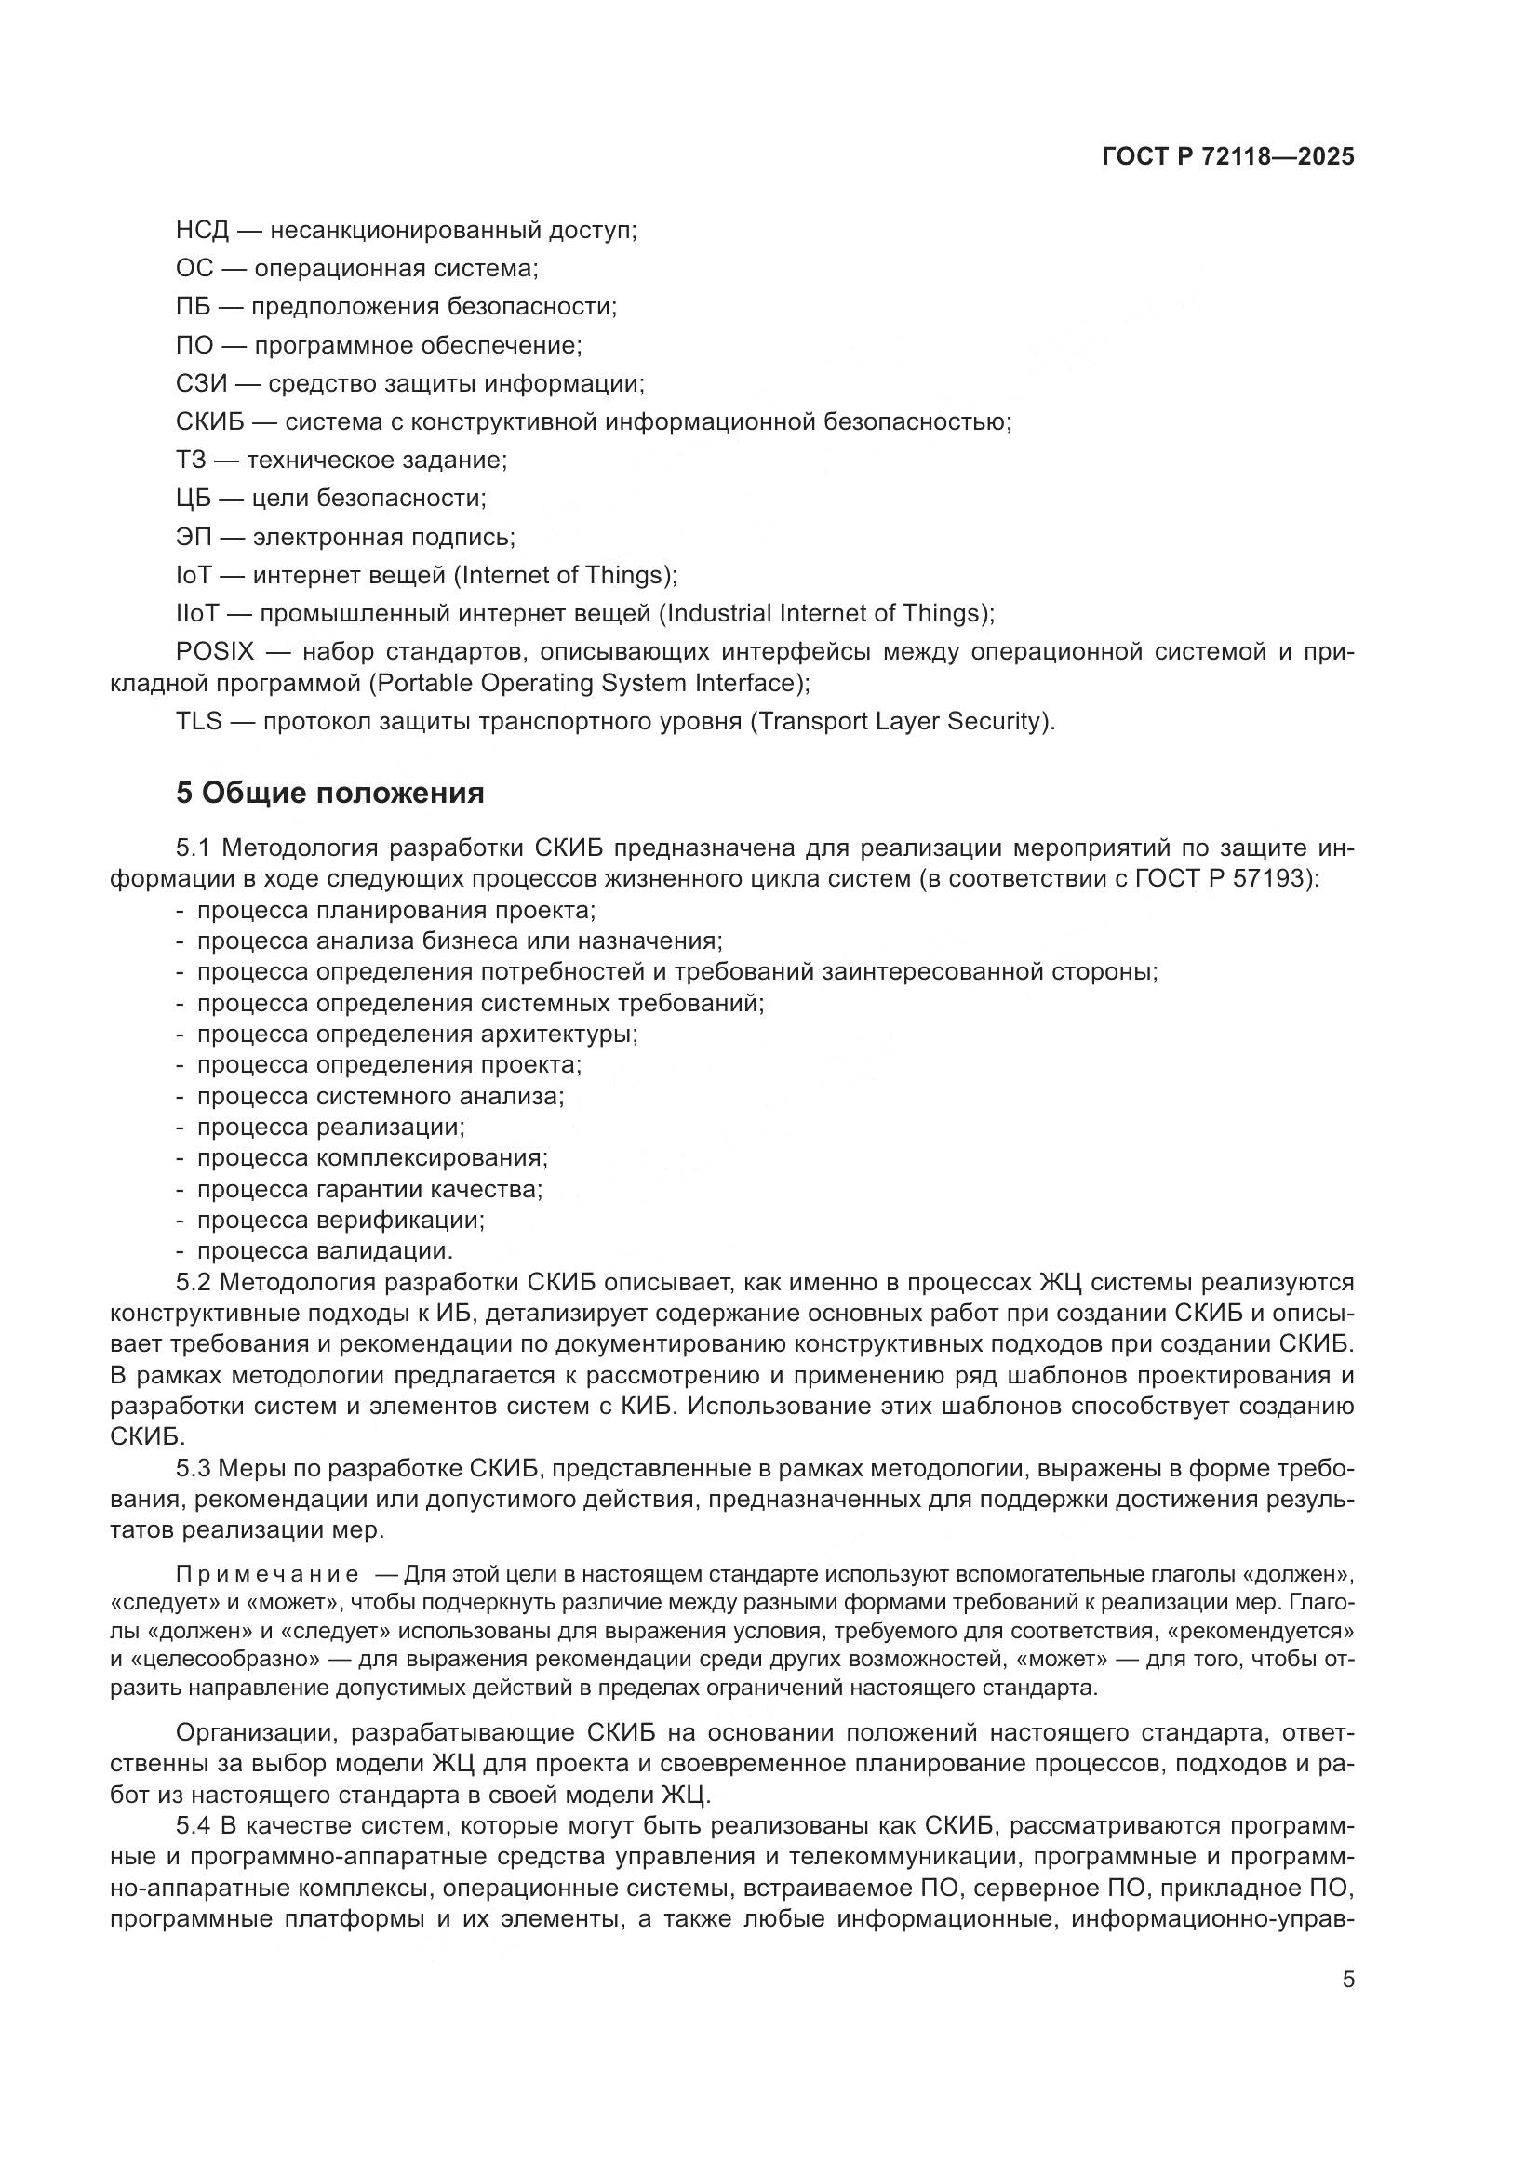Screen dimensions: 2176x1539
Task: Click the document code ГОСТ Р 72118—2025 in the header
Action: (1228, 156)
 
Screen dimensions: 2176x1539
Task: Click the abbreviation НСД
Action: (202, 231)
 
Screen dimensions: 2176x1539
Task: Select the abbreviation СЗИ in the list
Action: (202, 384)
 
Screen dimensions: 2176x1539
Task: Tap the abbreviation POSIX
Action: (215, 652)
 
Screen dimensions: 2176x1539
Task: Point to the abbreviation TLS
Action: (198, 721)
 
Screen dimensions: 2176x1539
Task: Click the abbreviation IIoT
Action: (197, 613)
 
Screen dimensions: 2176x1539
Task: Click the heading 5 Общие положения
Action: (329, 793)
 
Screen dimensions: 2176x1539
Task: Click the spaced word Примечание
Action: (267, 1575)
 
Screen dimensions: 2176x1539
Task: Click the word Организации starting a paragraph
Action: (256, 1733)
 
